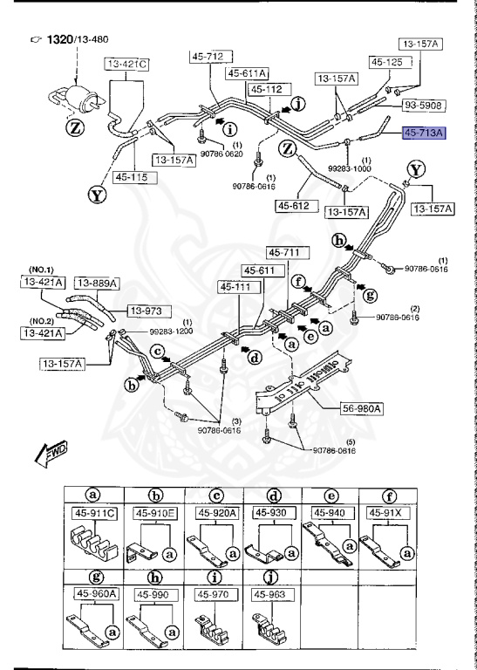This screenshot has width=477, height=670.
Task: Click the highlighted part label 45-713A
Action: coord(423,133)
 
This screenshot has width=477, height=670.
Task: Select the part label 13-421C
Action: coord(127,64)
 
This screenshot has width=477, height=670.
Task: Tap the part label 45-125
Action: coord(387,62)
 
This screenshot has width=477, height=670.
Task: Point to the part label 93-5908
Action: coord(423,106)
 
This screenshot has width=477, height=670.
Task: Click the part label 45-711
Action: coord(283,253)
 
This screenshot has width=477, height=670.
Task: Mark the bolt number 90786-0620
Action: coord(221,154)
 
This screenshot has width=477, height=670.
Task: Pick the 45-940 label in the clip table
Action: coord(330,512)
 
